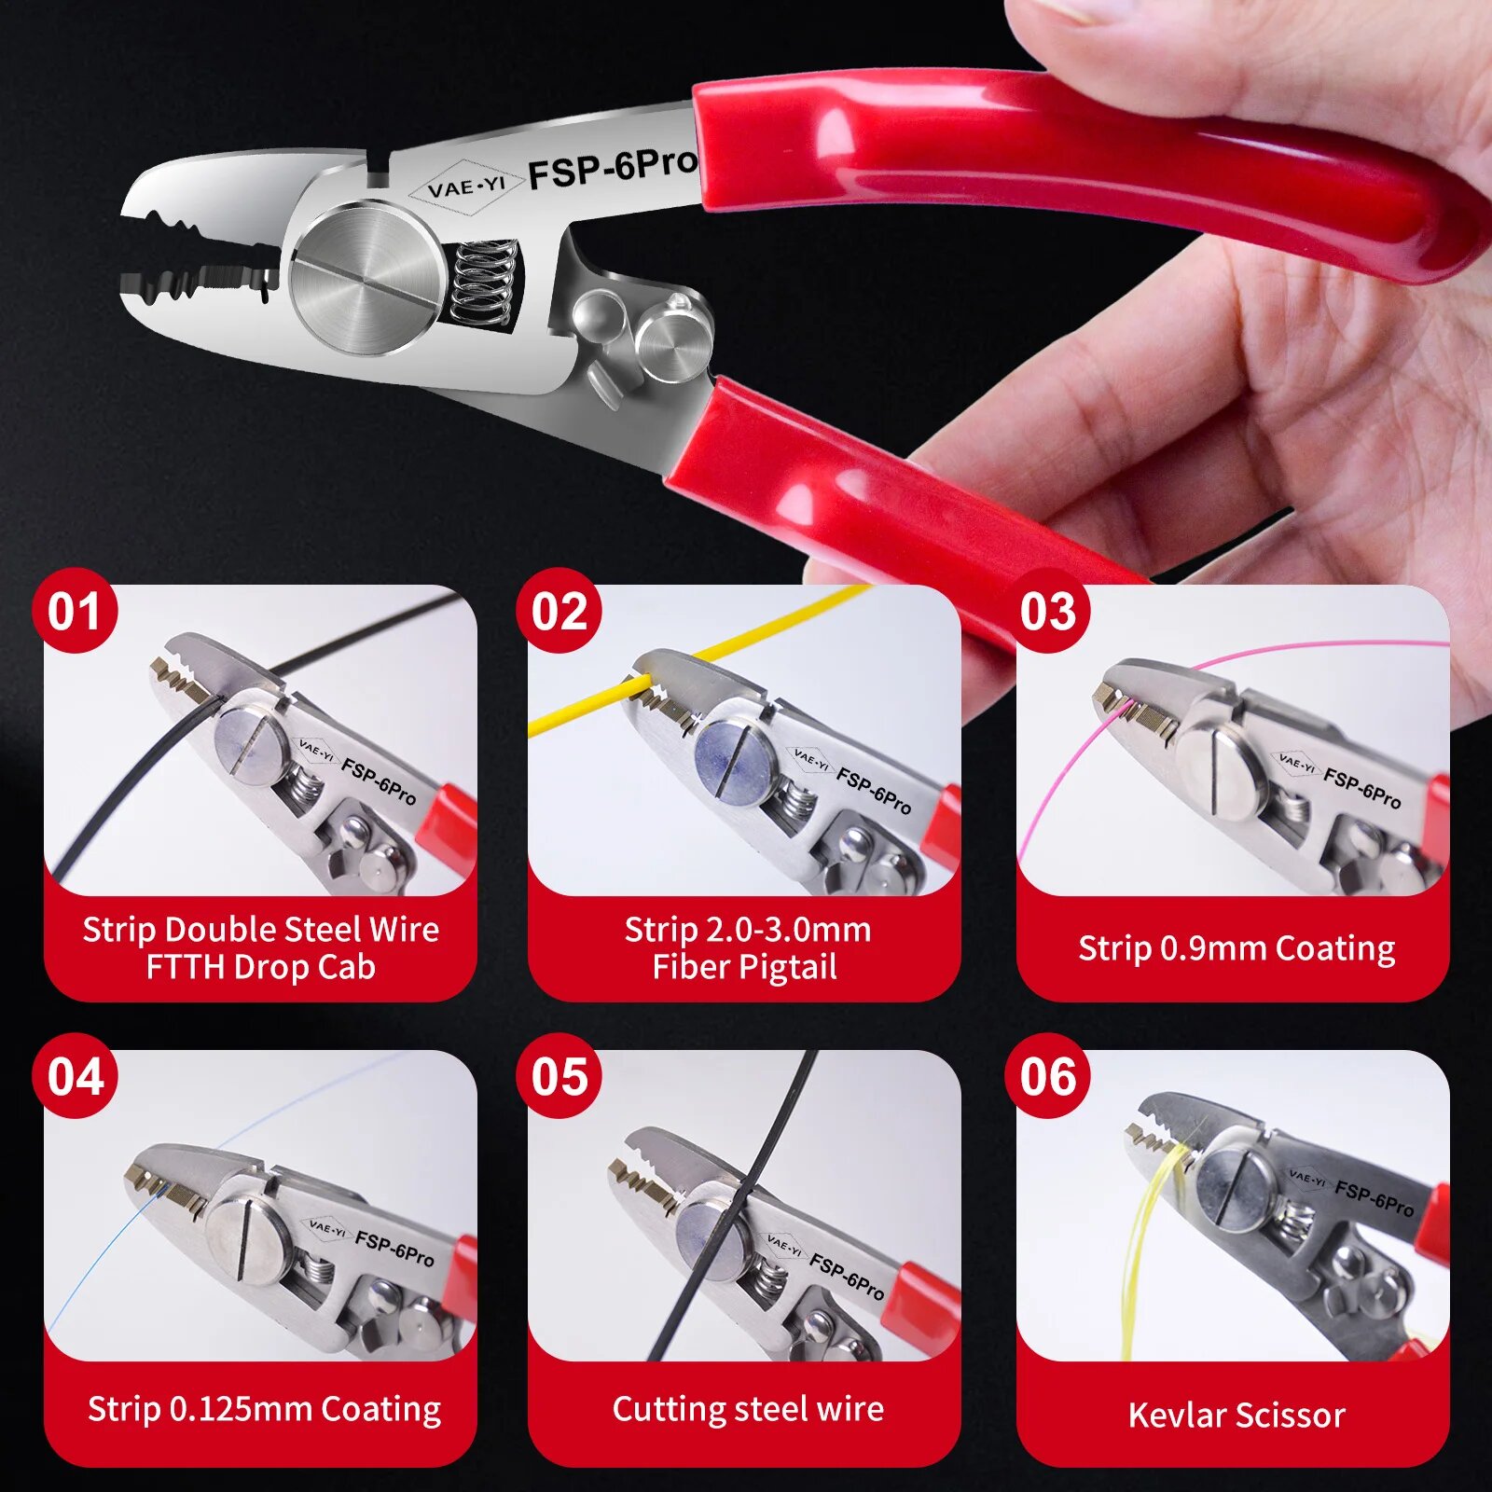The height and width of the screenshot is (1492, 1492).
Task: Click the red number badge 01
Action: (x=75, y=611)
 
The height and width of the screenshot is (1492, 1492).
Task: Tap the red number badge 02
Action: (x=559, y=611)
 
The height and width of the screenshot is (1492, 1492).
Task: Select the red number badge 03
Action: (x=1047, y=611)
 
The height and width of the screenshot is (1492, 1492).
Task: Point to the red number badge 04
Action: (x=75, y=1076)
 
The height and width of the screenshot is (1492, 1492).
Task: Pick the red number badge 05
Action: (x=559, y=1076)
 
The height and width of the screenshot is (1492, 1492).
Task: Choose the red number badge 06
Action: (x=1047, y=1076)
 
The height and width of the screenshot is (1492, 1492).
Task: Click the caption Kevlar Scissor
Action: (x=1236, y=1415)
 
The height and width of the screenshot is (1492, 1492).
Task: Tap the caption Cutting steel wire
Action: (x=748, y=1408)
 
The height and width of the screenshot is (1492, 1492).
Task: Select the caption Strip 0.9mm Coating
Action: (x=1236, y=948)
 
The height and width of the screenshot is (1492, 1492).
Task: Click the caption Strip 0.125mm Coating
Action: (x=264, y=1409)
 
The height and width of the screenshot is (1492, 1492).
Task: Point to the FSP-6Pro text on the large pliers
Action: (x=613, y=169)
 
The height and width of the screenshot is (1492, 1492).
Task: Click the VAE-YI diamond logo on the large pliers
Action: (x=465, y=186)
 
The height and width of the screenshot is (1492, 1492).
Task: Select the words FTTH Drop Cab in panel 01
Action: (x=261, y=967)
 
